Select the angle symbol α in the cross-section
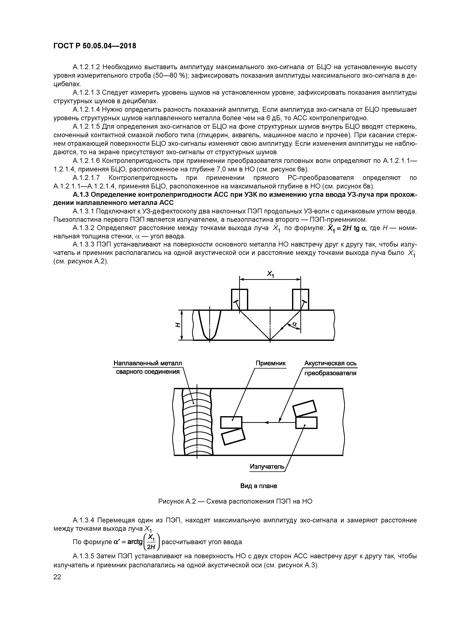tap(294, 324)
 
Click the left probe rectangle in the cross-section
tap(239, 299)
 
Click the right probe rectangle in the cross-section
tap(300, 299)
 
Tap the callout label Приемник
tap(270, 363)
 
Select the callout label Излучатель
tap(267, 467)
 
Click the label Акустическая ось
tap(330, 363)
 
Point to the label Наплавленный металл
tap(148, 363)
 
